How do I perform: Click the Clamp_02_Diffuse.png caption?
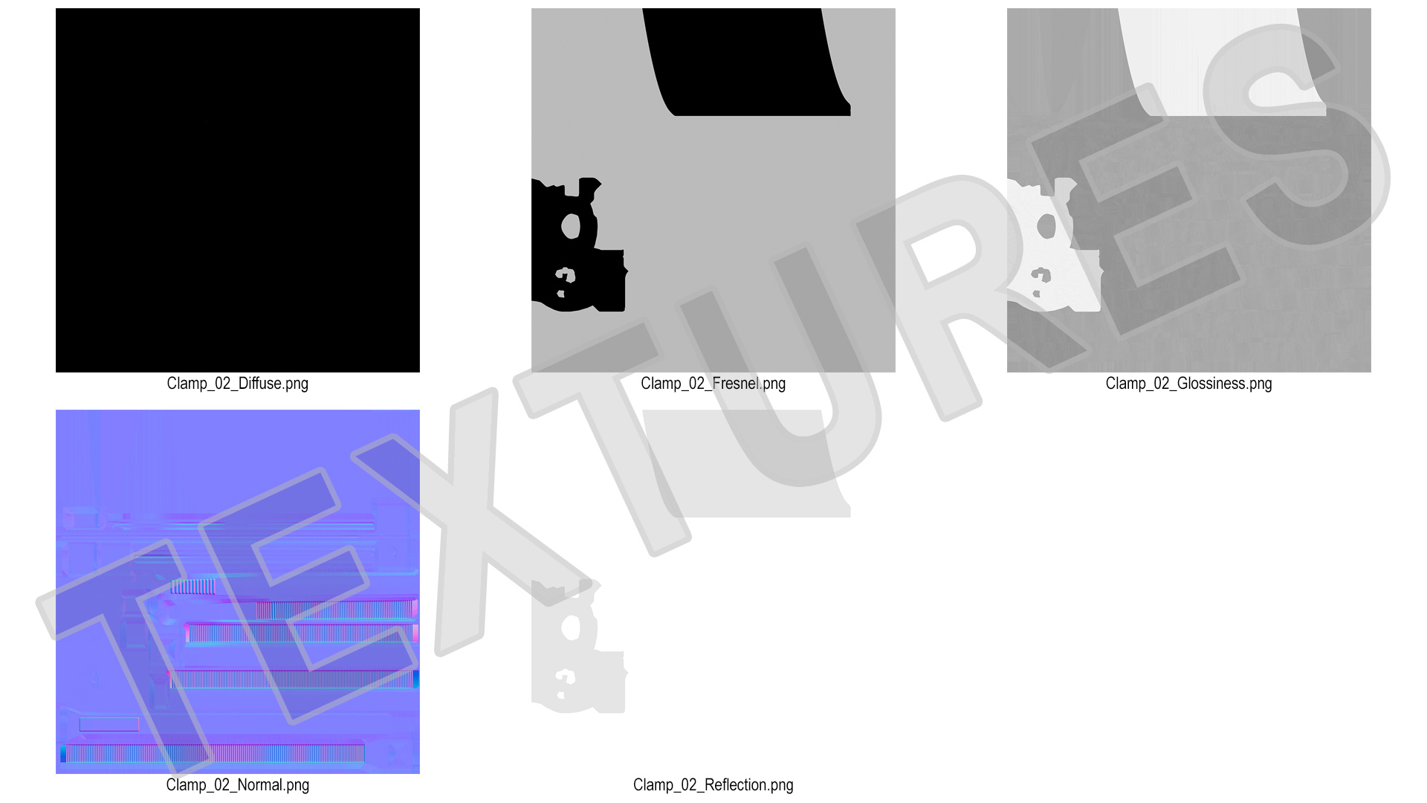(237, 384)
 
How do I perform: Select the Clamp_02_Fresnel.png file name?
(713, 384)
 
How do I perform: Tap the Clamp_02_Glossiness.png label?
(1188, 384)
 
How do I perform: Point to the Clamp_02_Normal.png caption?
(237, 785)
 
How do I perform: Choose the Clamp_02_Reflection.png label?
(713, 785)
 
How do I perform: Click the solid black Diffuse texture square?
(238, 190)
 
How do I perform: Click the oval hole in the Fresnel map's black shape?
(571, 226)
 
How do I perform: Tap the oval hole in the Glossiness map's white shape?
(1046, 226)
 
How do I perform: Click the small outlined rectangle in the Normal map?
(109, 724)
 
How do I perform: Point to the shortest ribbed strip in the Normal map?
(193, 587)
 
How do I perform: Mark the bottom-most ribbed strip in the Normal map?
(213, 753)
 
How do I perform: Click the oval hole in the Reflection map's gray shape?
(571, 628)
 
